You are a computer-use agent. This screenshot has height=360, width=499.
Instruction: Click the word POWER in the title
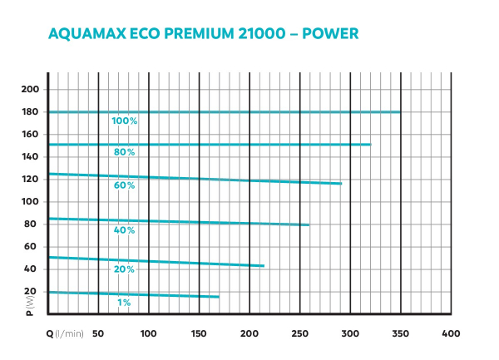click(330, 35)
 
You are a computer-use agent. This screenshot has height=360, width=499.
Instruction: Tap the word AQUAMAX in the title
click(84, 35)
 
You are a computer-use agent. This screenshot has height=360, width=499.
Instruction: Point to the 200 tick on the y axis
click(30, 89)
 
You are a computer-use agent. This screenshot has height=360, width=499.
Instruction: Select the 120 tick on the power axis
click(30, 179)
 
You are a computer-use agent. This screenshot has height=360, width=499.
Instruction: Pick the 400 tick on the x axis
click(451, 333)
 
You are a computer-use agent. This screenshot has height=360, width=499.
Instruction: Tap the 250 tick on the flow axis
click(299, 333)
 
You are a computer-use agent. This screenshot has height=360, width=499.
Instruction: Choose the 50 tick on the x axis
click(98, 333)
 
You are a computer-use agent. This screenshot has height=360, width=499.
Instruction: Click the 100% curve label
click(125, 121)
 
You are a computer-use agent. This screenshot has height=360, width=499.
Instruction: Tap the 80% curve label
click(125, 152)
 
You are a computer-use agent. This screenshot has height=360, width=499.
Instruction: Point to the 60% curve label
click(125, 185)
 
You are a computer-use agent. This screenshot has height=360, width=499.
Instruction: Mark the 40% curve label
click(125, 229)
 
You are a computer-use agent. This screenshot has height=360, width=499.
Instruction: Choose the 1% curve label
click(124, 303)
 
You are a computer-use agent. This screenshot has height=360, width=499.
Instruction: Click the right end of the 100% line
click(400, 111)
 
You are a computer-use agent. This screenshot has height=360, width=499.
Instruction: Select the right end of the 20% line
click(264, 266)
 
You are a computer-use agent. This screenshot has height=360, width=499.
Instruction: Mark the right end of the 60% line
click(341, 183)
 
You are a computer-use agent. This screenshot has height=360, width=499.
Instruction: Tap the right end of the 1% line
click(219, 297)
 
